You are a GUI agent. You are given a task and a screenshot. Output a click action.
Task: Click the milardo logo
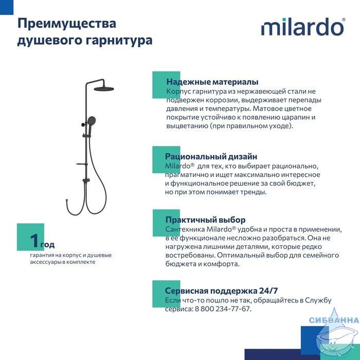coord(303,27)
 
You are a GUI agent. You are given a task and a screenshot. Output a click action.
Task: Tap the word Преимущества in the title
coord(67,24)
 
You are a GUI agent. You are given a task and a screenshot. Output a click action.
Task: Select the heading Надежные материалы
coord(212,82)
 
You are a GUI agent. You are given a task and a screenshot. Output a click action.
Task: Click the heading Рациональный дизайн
coord(211,156)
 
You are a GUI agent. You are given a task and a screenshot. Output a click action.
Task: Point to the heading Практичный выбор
coord(206,220)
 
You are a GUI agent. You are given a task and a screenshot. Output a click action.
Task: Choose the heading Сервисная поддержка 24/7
coord(221,291)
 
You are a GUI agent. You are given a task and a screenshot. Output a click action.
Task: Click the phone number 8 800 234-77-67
coord(222,309)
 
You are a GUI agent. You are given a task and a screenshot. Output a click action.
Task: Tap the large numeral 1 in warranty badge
coord(35,241)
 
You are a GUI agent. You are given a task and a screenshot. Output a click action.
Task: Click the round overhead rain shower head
coord(103,88)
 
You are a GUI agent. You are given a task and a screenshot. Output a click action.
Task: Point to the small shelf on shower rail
coord(82,165)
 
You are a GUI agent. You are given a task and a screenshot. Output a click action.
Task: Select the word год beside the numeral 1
coord(47,245)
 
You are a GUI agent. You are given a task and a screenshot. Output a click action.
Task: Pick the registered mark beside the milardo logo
coord(344,20)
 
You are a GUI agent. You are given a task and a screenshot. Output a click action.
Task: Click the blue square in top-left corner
coord(7,7)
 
